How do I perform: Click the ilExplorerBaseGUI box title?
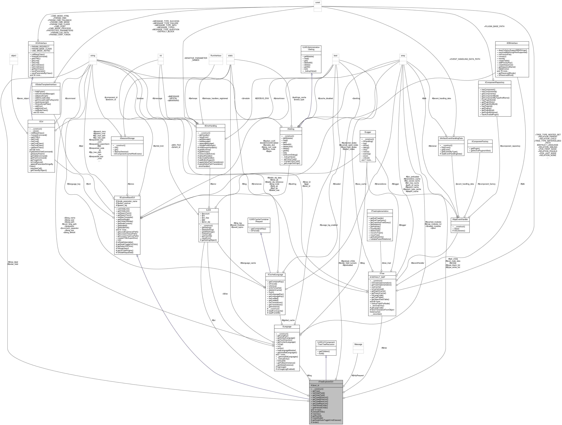[x=127, y=197]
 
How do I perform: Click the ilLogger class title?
[x=368, y=132]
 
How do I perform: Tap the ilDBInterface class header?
[x=512, y=43]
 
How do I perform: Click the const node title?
[x=318, y=3]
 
